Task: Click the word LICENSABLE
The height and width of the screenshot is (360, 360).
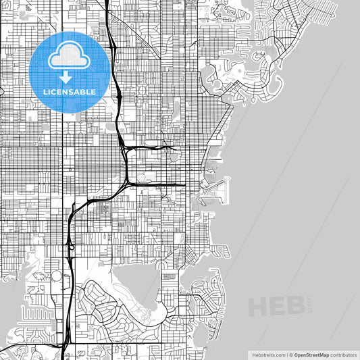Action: (x=70, y=91)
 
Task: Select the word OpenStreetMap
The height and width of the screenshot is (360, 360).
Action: (x=311, y=354)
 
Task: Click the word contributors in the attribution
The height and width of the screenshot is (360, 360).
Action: (x=342, y=354)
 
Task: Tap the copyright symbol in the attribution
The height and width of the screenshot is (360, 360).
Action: (x=289, y=354)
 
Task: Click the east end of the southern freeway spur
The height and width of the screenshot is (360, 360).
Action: (x=184, y=184)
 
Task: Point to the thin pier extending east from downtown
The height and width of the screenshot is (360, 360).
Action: (x=215, y=160)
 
